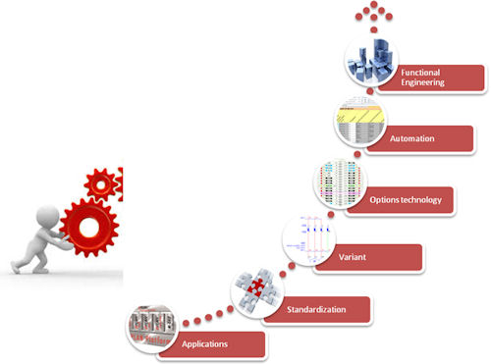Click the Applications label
tap(204, 344)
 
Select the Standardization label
tap(316, 309)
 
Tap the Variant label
tap(353, 257)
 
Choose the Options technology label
tap(406, 200)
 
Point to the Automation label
tap(412, 138)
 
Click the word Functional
tap(420, 73)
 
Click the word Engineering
tap(422, 82)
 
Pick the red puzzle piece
tap(256, 286)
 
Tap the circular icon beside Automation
tap(360, 122)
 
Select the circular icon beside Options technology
tap(341, 182)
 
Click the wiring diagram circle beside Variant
tap(308, 240)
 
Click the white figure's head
tap(48, 216)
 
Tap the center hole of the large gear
tap(89, 228)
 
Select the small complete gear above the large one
tap(101, 184)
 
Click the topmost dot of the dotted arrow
tap(374, 4)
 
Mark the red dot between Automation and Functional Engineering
tap(369, 91)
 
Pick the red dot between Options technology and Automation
tap(357, 154)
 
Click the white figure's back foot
tap(15, 267)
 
